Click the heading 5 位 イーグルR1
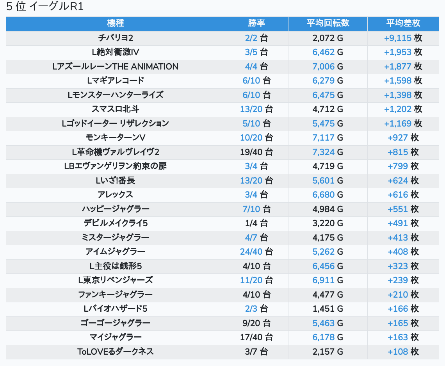45,7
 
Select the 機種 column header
116,23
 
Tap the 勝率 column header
256,23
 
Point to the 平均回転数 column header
328,23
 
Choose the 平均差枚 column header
403,23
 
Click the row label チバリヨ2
116,38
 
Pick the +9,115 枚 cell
403,38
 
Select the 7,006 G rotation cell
328,67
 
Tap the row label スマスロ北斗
116,109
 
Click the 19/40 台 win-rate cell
256,152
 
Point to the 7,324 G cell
328,152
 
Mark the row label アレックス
116,195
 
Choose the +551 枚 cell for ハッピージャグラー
403,209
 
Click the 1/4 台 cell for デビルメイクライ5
256,223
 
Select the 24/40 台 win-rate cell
256,252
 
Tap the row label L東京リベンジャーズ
116,280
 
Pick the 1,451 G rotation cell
328,309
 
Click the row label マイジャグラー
116,337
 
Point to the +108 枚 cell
403,352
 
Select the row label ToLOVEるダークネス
116,352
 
